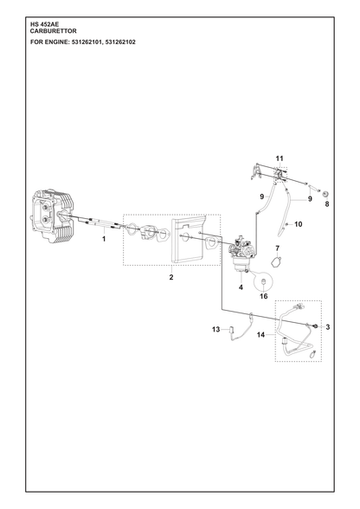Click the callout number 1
point(104,239)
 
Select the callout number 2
point(171,277)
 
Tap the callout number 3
point(327,327)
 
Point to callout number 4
point(241,287)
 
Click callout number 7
point(277,248)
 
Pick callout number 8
point(327,204)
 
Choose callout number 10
point(299,224)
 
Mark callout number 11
point(280,158)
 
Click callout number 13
point(215,330)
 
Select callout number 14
point(261,335)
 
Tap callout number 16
point(264,296)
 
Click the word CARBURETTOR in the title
point(54,31)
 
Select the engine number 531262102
point(121,42)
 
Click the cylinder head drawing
point(54,216)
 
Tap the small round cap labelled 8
point(325,195)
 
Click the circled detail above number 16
point(263,280)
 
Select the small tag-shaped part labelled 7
point(276,261)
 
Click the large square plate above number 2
point(188,239)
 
